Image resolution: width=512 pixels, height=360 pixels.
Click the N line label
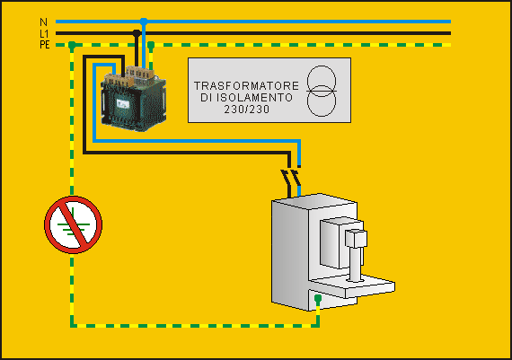point(43,22)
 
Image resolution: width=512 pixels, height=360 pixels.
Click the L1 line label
point(44,33)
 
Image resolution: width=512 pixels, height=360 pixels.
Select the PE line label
point(45,45)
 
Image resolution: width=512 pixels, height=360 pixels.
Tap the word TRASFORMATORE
point(246,86)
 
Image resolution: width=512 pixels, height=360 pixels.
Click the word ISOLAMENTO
point(255,98)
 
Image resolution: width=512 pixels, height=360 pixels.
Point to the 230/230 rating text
point(247,110)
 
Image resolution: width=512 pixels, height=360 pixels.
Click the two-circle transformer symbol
point(322,91)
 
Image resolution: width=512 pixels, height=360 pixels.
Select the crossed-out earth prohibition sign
point(73,224)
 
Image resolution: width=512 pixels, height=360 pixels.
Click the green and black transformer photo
point(134,99)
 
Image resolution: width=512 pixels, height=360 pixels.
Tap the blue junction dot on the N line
point(144,22)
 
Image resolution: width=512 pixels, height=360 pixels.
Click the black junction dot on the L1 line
point(137,33)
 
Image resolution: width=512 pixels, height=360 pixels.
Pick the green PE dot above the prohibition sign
point(72,45)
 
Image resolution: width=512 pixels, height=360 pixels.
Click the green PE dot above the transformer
point(151,45)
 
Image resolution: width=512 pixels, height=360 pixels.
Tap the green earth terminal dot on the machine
point(318,298)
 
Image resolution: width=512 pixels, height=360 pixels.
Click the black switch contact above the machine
point(285,178)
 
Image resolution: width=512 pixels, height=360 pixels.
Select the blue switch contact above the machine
point(296,178)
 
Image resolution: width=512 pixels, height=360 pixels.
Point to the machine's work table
point(353,285)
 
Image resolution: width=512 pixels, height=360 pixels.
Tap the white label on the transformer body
point(123,104)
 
